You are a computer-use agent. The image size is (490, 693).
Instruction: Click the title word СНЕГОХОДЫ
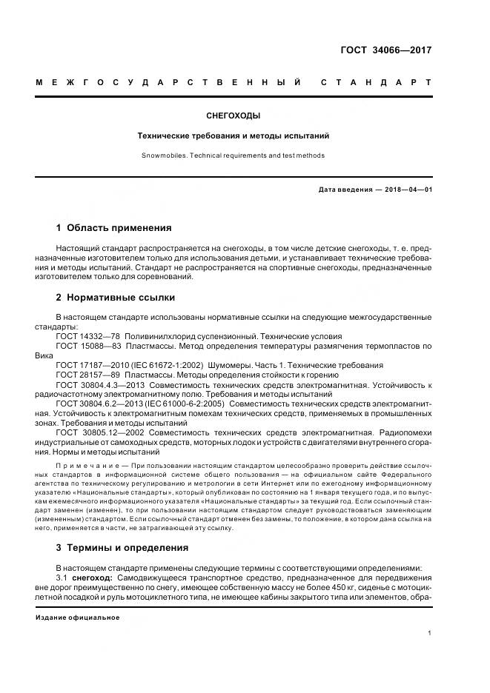(x=233, y=115)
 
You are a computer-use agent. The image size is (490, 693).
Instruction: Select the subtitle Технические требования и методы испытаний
(x=233, y=136)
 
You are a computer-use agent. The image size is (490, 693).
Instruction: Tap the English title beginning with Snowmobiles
(x=233, y=155)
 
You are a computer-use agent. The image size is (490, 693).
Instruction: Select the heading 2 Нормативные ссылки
(x=116, y=298)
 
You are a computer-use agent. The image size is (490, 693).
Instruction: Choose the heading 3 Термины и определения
(x=122, y=548)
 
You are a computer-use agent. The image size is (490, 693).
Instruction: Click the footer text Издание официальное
(x=77, y=617)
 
